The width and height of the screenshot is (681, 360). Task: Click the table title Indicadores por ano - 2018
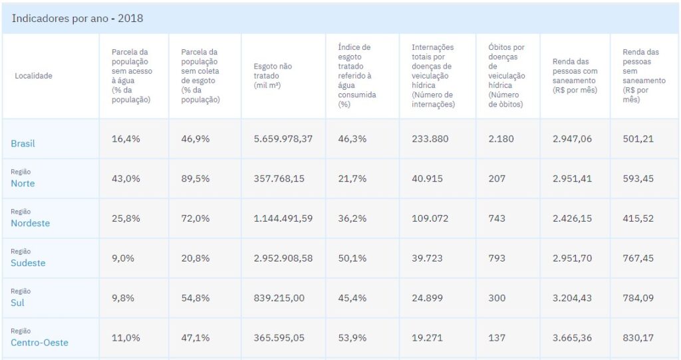coord(77,18)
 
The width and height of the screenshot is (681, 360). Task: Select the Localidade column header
coord(33,76)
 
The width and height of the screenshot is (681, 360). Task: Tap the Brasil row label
coord(23,144)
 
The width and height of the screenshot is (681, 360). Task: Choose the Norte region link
coord(23,183)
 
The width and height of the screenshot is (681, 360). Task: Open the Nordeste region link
coord(30,223)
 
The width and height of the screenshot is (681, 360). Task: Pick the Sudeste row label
coord(28,263)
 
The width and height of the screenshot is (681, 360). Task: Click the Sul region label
coord(17,303)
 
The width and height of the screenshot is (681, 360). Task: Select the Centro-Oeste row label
coord(39,343)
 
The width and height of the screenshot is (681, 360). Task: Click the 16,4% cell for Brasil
coord(126,138)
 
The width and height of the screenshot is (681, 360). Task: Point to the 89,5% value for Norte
coord(196,178)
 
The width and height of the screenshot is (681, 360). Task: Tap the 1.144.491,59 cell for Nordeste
coord(283,218)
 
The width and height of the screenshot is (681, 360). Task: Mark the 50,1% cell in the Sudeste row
coord(352,258)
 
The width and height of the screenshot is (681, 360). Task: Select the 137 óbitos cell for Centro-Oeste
coord(497,338)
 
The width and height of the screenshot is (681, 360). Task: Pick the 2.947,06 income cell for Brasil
coord(572,138)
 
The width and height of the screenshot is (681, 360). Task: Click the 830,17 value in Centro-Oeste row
coord(637,338)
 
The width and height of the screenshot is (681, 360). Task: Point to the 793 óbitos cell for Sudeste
coord(497,258)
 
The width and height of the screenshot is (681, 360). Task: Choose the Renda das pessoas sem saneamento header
coord(643,76)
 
